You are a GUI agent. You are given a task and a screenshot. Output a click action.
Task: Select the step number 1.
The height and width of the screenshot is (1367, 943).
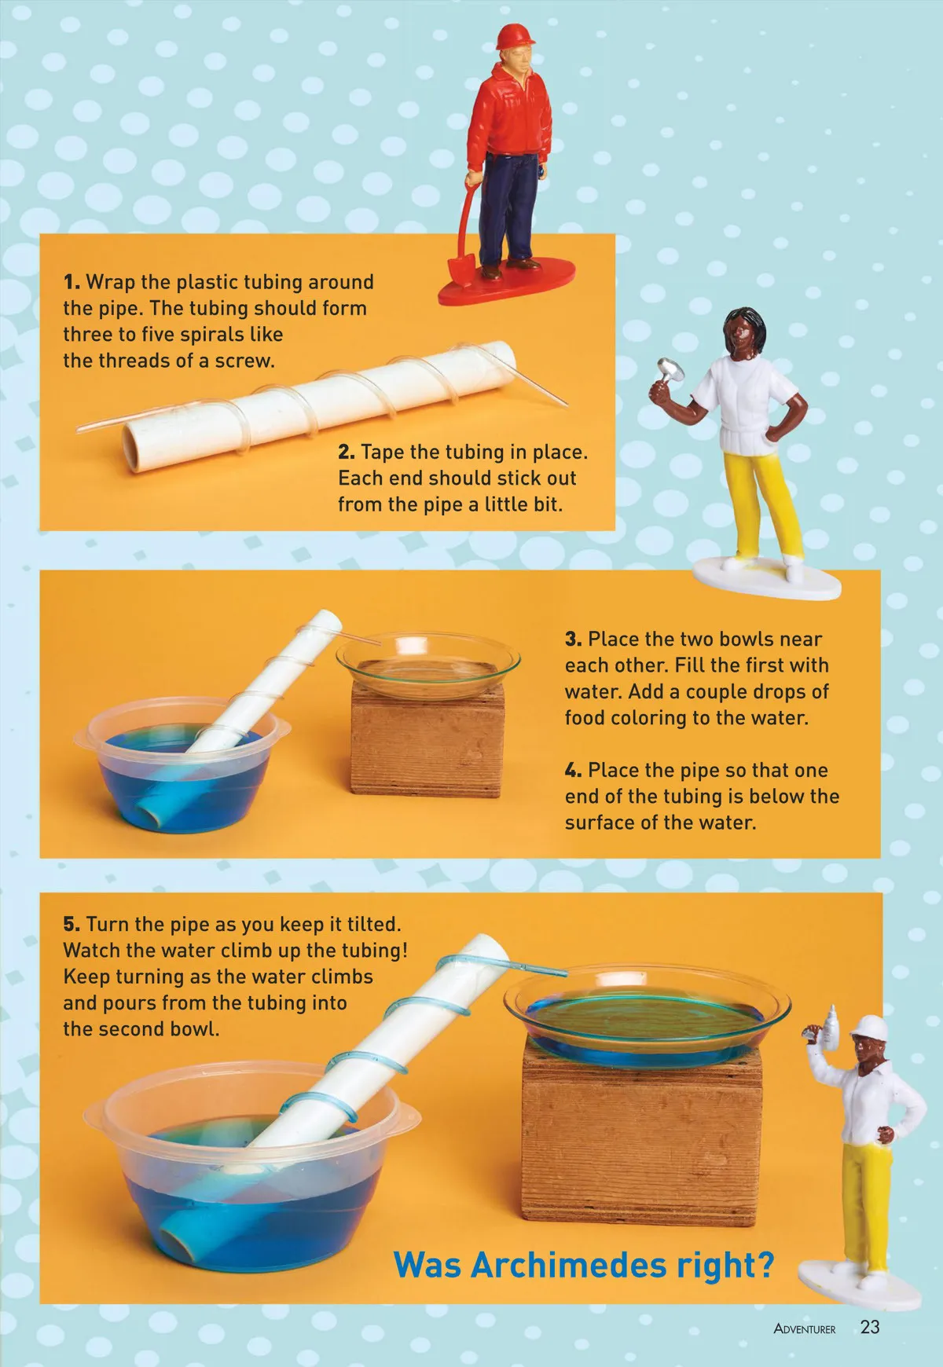(x=72, y=282)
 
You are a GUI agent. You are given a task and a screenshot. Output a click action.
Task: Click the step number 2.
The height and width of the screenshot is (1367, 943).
(x=347, y=453)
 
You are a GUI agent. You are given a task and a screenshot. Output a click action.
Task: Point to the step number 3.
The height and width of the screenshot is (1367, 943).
(x=573, y=640)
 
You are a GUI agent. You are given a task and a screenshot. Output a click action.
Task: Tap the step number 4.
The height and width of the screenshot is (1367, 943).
(x=574, y=771)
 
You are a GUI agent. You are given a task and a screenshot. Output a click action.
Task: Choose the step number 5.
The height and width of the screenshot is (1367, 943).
(x=72, y=925)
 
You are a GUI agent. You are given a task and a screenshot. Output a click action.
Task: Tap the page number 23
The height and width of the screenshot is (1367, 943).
(x=870, y=1327)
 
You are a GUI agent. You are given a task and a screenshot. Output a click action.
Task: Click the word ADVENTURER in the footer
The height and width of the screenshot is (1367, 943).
(x=805, y=1329)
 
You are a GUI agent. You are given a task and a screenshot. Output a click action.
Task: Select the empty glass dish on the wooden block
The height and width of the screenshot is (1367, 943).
(x=428, y=664)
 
